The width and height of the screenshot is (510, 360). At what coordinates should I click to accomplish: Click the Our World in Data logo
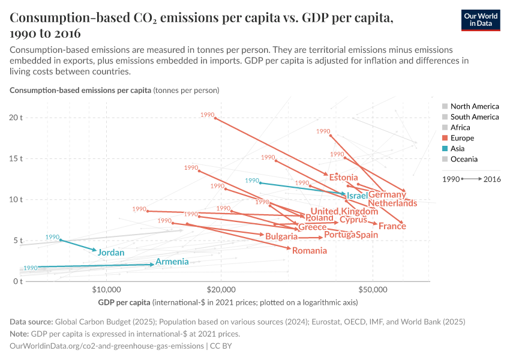(481, 20)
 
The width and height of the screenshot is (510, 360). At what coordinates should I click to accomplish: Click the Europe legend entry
(462, 138)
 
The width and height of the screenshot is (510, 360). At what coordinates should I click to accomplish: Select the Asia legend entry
(459, 148)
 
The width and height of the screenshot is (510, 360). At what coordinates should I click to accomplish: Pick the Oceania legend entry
(464, 159)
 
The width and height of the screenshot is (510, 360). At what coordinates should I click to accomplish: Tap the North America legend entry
(474, 106)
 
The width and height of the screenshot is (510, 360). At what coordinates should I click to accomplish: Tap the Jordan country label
(111, 253)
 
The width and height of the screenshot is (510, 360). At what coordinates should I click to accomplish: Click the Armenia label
(172, 262)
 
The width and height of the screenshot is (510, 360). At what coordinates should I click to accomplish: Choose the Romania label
(310, 250)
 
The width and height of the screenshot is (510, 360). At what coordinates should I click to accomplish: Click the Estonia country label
(343, 178)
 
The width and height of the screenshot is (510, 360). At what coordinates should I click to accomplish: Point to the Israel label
(357, 196)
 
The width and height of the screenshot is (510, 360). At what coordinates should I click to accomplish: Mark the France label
(392, 226)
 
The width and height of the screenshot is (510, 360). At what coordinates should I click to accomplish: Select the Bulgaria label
(281, 237)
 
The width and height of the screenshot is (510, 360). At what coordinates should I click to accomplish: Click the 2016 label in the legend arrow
(492, 179)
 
